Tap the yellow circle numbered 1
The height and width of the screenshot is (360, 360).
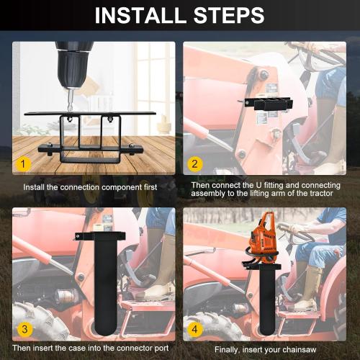[x=24, y=163]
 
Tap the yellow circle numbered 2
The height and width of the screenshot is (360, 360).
[x=194, y=163]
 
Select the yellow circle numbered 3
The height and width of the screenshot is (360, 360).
[x=24, y=329]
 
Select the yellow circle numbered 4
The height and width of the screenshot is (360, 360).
[x=194, y=329]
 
